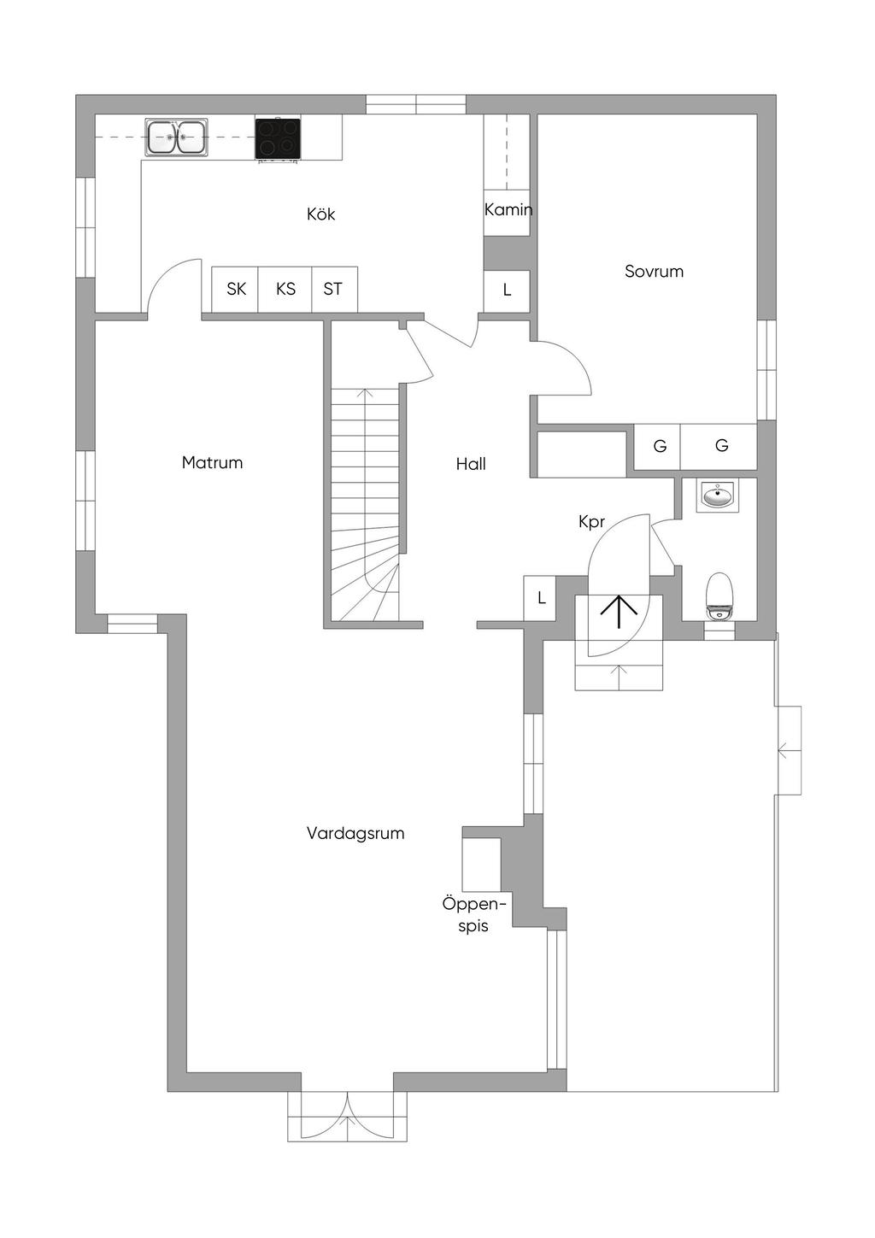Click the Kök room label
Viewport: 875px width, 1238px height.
(x=320, y=214)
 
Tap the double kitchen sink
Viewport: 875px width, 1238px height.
(x=176, y=137)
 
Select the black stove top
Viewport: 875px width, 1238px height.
(x=278, y=138)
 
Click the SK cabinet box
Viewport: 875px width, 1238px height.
(x=236, y=289)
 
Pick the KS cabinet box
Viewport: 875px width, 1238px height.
(x=285, y=289)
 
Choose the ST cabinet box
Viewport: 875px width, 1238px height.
(x=334, y=289)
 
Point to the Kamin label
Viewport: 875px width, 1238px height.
(x=508, y=209)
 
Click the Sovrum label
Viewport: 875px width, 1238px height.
(x=654, y=272)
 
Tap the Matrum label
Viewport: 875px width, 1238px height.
(x=212, y=462)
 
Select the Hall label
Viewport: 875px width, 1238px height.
(x=471, y=464)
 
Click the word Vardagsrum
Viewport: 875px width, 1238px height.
(x=355, y=833)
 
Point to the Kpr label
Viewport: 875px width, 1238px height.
(x=591, y=522)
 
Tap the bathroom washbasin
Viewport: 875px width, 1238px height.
(x=718, y=494)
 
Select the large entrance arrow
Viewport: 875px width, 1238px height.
(x=619, y=612)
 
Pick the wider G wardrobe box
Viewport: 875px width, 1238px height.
(x=719, y=447)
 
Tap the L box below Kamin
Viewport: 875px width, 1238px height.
(x=507, y=290)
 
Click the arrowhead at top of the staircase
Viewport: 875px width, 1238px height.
(x=364, y=392)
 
